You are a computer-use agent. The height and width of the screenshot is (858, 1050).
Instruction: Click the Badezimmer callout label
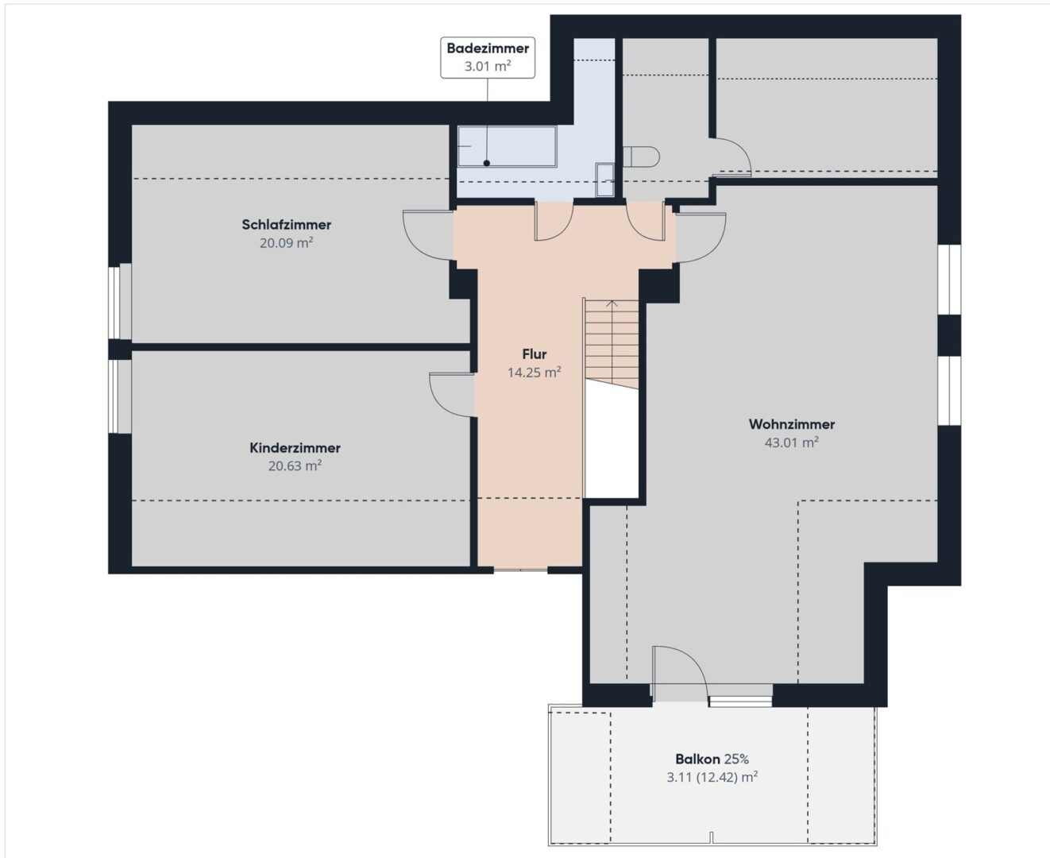click(x=488, y=57)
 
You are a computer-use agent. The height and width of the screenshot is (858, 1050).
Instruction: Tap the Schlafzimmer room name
click(x=286, y=225)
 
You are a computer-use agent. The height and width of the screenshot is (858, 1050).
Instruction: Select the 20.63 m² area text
click(x=295, y=466)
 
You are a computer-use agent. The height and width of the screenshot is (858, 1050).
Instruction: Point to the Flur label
click(x=535, y=354)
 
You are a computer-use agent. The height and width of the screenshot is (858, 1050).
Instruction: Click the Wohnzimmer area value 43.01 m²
click(x=792, y=443)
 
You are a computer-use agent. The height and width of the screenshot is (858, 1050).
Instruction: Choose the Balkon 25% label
click(x=712, y=759)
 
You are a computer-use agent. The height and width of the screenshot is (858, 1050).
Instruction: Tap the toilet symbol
click(x=641, y=157)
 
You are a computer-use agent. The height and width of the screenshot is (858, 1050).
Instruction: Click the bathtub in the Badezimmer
click(x=507, y=146)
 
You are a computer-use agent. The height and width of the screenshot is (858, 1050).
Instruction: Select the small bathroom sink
click(x=605, y=180)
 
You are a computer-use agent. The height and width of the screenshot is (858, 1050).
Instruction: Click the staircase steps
click(x=612, y=344)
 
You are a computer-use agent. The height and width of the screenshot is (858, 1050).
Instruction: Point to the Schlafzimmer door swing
click(x=428, y=235)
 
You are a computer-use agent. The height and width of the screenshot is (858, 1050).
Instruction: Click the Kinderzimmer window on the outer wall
click(x=120, y=396)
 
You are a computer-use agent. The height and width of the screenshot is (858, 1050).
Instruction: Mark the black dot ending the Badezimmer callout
click(x=486, y=163)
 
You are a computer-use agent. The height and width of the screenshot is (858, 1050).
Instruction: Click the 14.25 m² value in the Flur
click(x=535, y=372)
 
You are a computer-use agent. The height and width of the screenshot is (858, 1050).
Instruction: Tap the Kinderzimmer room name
click(x=295, y=448)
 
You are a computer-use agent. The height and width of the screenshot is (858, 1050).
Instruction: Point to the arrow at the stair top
click(x=612, y=303)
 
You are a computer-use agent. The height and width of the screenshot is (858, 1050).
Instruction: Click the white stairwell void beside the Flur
click(x=612, y=441)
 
